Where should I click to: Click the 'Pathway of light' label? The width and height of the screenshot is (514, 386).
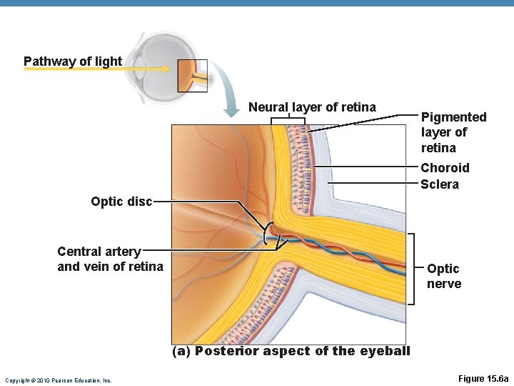(x=73, y=61)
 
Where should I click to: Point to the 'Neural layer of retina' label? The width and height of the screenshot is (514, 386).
(x=312, y=107)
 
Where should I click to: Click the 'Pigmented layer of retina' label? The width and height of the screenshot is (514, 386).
(x=453, y=132)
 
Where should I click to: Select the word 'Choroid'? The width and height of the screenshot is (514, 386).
(x=445, y=168)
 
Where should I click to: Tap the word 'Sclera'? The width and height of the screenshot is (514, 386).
(x=440, y=184)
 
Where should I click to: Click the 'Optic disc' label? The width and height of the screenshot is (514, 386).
(x=121, y=202)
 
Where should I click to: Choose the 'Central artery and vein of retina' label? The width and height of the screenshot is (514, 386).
(x=110, y=259)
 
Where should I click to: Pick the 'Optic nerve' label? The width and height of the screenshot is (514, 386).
(x=443, y=276)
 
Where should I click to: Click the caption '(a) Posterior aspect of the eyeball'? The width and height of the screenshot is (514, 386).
(x=291, y=351)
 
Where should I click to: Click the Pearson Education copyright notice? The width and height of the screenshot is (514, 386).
(x=58, y=380)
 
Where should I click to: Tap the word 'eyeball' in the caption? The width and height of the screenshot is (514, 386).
(x=385, y=351)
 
